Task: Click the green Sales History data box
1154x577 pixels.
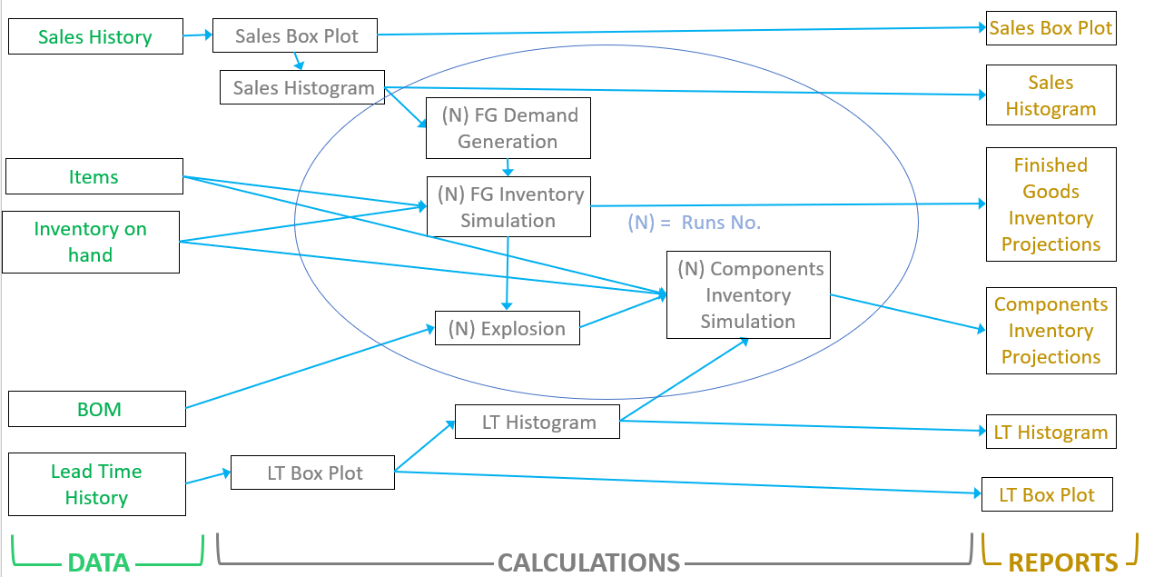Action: point(95,37)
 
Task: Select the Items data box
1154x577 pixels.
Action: point(94,176)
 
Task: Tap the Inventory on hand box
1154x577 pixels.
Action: point(91,242)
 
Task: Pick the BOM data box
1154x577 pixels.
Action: point(97,409)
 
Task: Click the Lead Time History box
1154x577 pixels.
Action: point(97,484)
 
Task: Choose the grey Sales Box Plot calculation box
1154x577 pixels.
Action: point(296,36)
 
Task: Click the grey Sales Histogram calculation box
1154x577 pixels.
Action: point(303,87)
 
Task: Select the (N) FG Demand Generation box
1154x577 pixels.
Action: point(508,128)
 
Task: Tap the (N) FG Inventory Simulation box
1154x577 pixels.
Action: point(508,207)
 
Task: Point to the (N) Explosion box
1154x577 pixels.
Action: point(507,329)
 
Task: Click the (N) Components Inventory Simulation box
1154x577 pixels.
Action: point(748,295)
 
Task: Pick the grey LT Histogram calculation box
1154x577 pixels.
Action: point(538,423)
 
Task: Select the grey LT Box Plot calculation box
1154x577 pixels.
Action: point(313,473)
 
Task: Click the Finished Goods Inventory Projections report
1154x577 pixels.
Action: point(1050,204)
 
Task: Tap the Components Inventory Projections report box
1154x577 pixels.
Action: point(1050,331)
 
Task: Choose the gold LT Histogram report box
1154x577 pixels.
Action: point(1050,433)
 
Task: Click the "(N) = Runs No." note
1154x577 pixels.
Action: point(695,223)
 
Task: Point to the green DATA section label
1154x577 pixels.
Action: point(99,562)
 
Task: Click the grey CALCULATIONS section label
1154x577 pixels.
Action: point(588,562)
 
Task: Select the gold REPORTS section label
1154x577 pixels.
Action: point(1063,562)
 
